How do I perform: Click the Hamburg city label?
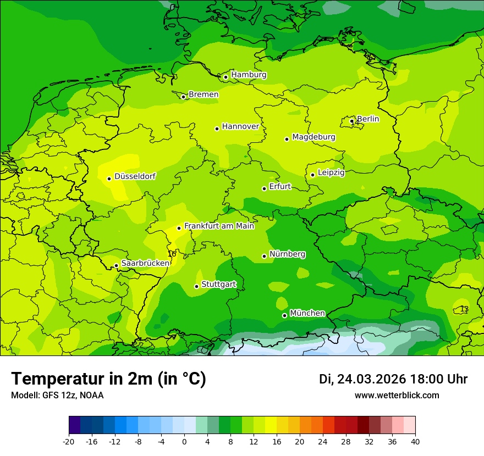point(249,75)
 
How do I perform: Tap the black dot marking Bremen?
point(183,97)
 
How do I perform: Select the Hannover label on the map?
point(240,126)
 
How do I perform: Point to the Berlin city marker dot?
point(352,121)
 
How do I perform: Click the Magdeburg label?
point(313,137)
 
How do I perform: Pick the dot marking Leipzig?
point(312,175)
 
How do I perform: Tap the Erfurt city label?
point(280,187)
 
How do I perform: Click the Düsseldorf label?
point(135,176)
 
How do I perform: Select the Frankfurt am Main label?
point(219,226)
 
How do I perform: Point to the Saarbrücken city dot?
point(116,266)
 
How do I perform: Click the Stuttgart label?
point(219,285)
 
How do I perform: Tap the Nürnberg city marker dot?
point(264,256)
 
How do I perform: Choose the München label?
point(307,313)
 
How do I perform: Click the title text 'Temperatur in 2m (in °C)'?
point(109,379)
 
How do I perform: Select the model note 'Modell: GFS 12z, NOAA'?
point(57,396)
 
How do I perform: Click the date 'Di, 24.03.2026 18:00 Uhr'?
point(393,379)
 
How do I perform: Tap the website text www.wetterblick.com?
point(397,396)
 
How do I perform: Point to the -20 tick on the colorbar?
point(69,442)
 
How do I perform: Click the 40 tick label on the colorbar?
point(415,442)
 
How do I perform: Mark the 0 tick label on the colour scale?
point(184,442)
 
